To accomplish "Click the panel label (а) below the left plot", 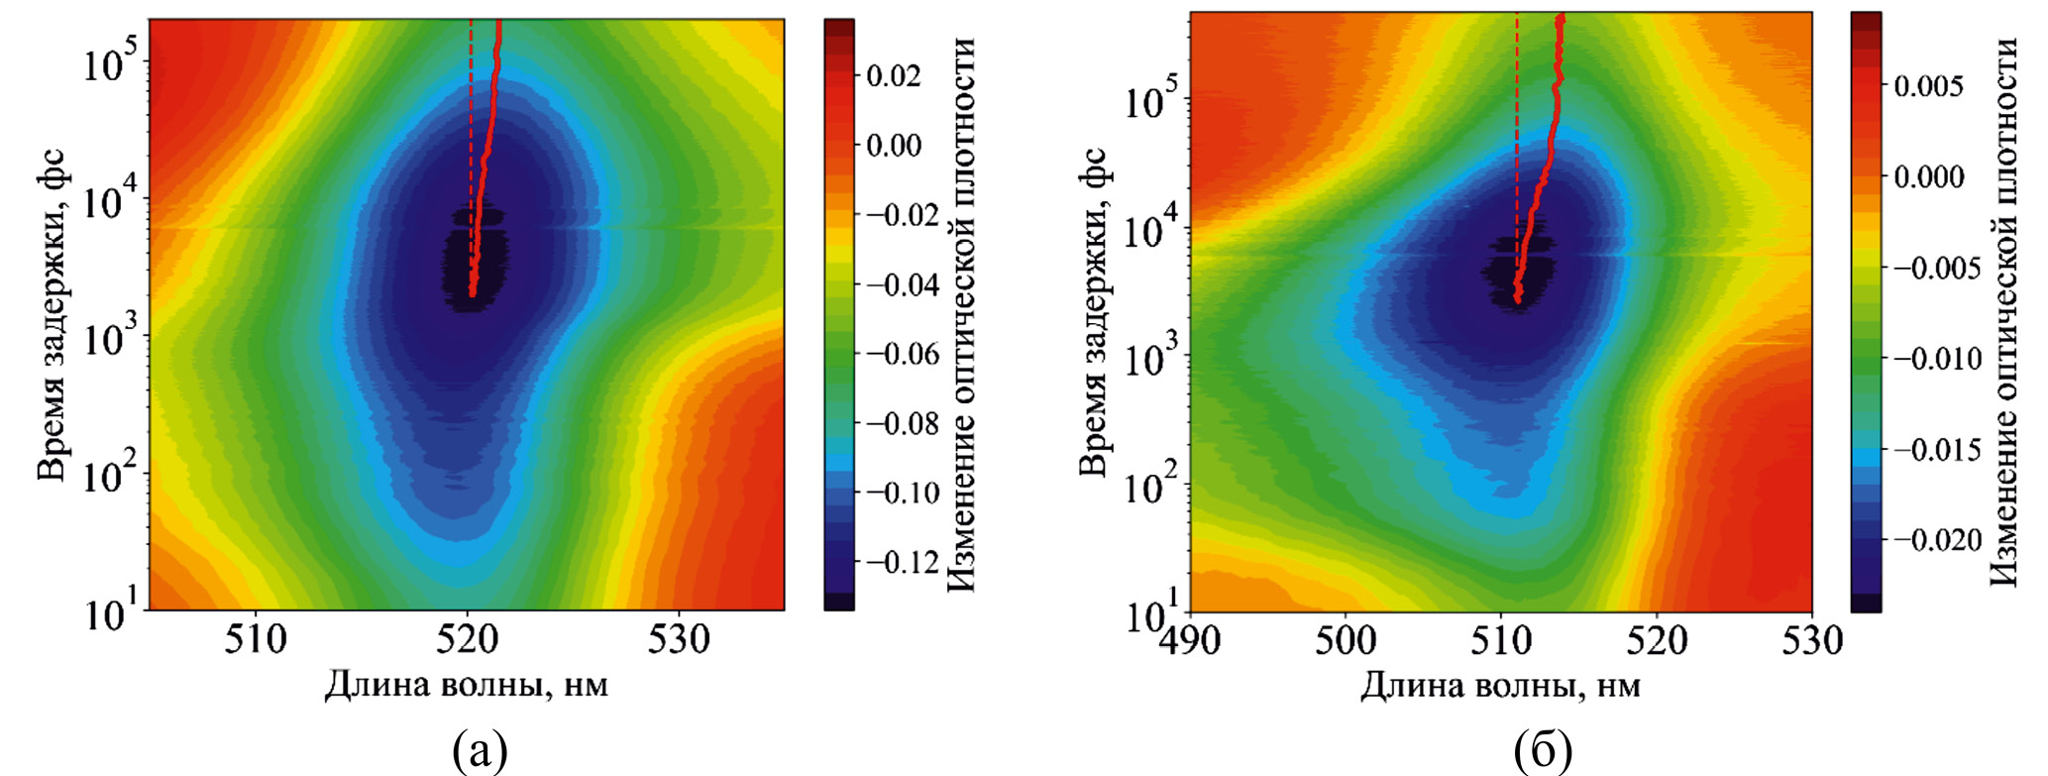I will coord(481,752).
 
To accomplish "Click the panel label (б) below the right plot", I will coord(1543,752).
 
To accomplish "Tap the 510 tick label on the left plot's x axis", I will coord(256,640).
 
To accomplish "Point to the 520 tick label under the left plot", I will coord(468,640).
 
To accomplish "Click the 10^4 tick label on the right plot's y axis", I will coord(1151,233).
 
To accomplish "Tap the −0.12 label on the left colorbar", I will coord(903,563).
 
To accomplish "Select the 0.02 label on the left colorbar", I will coord(894,75).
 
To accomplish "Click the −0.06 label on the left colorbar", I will coord(903,354).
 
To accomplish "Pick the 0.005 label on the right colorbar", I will coord(1928,86).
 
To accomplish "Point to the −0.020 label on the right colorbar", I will coord(1936,540).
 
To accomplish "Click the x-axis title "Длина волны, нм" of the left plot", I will coord(467,685).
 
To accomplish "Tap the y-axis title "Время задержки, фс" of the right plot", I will coord(1092,312).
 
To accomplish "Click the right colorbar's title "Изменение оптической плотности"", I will coord(2003,312).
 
